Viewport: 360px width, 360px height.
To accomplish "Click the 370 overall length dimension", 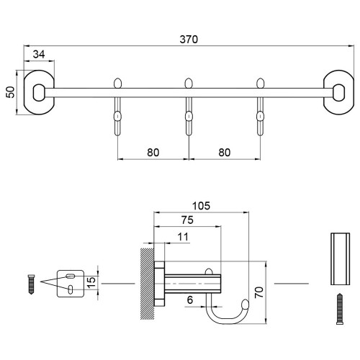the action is pos(189,40).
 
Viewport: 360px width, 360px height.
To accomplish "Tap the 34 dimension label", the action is pos(39,55).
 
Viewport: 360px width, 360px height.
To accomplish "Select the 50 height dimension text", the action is pos(10,92).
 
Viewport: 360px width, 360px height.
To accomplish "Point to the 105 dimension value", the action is pos(201,206).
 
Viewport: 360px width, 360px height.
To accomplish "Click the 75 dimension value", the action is pos(187,220).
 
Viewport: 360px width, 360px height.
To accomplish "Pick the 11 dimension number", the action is pos(183,237).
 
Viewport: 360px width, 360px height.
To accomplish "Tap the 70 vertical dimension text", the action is pos(259,292).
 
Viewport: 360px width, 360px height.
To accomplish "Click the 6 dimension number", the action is pos(190,300).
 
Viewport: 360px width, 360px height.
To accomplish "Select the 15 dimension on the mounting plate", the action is pos(91,282).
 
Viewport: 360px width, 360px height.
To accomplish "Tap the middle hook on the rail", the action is pos(189,107).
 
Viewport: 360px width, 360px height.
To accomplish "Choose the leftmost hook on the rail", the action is pos(117,107).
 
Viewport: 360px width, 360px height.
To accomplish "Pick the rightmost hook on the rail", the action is pos(260,107).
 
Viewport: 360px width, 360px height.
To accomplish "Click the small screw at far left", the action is pos(32,284).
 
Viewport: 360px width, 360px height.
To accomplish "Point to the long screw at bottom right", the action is pos(340,309).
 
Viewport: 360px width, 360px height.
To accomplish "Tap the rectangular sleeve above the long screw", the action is pos(340,259).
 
